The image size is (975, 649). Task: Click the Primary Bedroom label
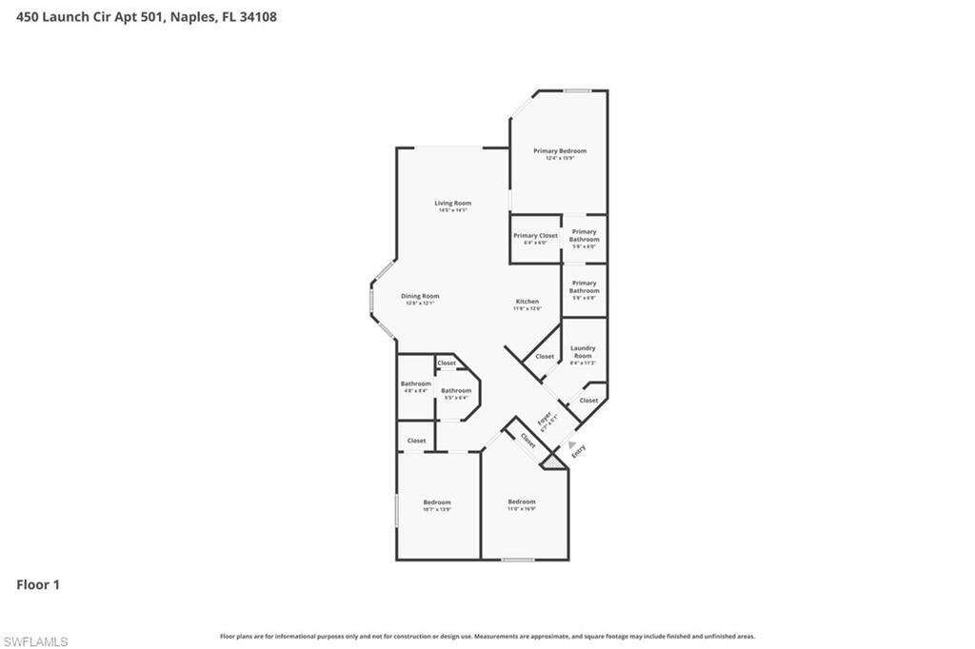pos(559,151)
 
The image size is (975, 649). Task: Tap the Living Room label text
pos(452,203)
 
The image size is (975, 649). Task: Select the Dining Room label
pos(420,296)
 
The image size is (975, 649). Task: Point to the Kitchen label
pos(527,302)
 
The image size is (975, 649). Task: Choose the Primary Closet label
pos(535,235)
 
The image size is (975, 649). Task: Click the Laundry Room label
pos(583,352)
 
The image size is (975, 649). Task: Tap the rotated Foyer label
pos(545,420)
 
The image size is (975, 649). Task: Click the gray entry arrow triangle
pos(571,444)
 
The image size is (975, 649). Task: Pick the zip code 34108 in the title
pos(258,16)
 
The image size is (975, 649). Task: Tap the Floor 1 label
pos(38,585)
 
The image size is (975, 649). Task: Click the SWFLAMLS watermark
pos(35,641)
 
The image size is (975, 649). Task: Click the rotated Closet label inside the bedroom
pos(527,441)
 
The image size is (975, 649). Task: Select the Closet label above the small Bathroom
pos(447,363)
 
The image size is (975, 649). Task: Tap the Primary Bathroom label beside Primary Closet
pos(584,235)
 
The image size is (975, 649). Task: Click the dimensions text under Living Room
pos(452,210)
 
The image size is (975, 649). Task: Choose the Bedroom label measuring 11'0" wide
pos(521,501)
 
